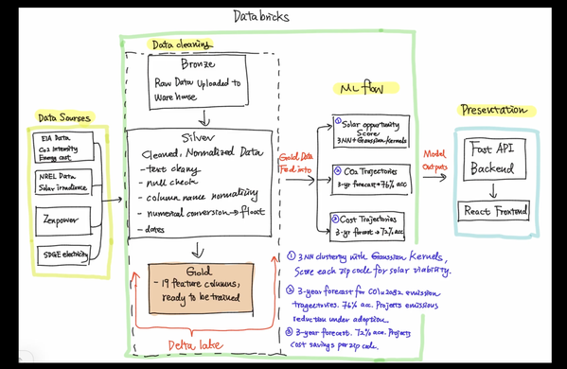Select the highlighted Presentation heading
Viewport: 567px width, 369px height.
click(x=492, y=111)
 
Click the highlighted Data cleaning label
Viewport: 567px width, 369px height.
click(x=180, y=45)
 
